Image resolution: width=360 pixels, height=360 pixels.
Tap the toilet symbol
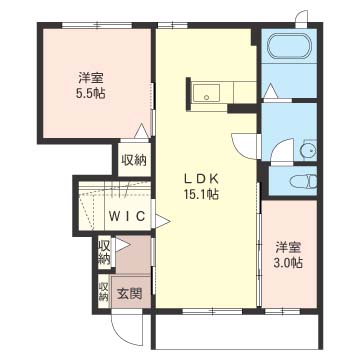click(303, 182)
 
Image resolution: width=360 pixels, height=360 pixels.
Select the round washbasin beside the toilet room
click(308, 151)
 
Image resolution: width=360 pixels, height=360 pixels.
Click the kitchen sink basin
click(206, 93)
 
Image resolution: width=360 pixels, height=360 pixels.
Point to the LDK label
click(201, 179)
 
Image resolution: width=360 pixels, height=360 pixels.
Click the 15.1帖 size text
click(201, 194)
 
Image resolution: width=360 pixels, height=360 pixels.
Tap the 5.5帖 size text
click(90, 93)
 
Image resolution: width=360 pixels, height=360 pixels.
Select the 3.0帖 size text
click(288, 263)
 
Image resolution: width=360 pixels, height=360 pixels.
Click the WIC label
click(127, 216)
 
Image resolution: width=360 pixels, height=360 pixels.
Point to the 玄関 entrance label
click(129, 294)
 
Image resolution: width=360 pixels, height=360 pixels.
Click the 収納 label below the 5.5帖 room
click(134, 161)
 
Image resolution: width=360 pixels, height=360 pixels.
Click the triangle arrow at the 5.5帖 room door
click(141, 131)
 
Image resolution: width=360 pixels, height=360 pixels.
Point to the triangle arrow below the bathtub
click(270, 91)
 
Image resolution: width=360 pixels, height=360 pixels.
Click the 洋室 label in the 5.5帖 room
click(91, 79)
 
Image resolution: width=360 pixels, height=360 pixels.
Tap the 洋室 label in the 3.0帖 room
click(288, 249)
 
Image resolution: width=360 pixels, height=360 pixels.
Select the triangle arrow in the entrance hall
click(122, 245)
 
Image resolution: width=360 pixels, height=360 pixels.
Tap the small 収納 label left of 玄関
click(104, 291)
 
